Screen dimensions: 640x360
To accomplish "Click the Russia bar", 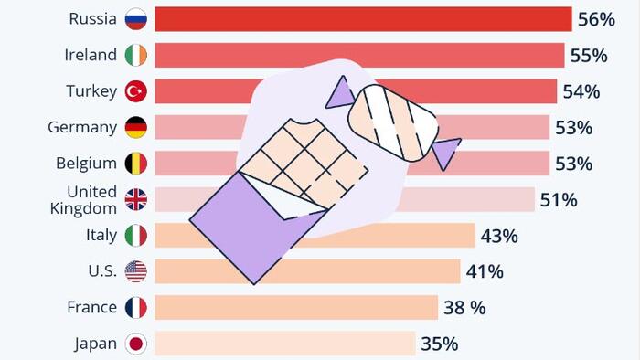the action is [363, 19].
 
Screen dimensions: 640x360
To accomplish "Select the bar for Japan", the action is [285, 344].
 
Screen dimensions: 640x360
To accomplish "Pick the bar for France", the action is [296, 307].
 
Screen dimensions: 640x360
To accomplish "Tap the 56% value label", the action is [596, 19].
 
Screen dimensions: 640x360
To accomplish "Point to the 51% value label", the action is [559, 200].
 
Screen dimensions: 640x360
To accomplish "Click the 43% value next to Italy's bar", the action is [499, 236].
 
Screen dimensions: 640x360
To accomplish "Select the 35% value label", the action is [439, 344].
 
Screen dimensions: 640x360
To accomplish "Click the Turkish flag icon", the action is [136, 91].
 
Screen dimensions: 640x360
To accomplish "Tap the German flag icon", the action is [136, 127].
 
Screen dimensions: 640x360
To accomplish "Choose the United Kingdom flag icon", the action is [136, 199].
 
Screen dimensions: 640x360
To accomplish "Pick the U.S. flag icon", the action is [136, 271].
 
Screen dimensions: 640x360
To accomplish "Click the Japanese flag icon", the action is [136, 344].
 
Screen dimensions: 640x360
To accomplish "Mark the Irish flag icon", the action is [136, 55].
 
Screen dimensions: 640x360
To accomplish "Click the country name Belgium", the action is [86, 163].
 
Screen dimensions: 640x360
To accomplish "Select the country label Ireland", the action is [91, 55].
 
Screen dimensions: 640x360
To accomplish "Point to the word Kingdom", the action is [83, 208].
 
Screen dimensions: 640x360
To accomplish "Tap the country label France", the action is [91, 307].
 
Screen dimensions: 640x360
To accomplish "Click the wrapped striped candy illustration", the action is [393, 122].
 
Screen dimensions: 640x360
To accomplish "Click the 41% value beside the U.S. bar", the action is [485, 271].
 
